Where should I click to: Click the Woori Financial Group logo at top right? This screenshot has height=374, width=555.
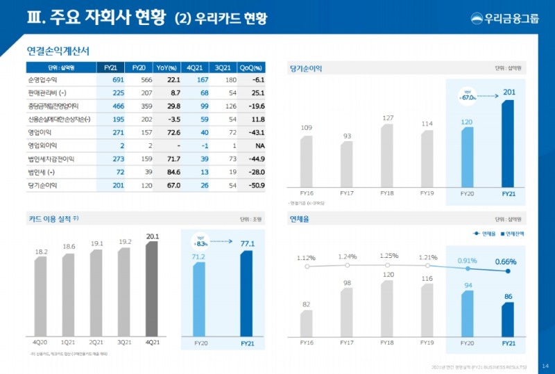pyautogui.click(x=504, y=18)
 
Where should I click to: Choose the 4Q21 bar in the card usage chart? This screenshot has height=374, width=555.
pyautogui.click(x=152, y=289)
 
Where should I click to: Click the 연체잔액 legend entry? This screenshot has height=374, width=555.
pyautogui.click(x=512, y=234)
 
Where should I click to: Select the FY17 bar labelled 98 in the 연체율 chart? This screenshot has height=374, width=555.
pyautogui.click(x=347, y=311)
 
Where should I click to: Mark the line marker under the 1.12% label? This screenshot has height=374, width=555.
pyautogui.click(x=306, y=266)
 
